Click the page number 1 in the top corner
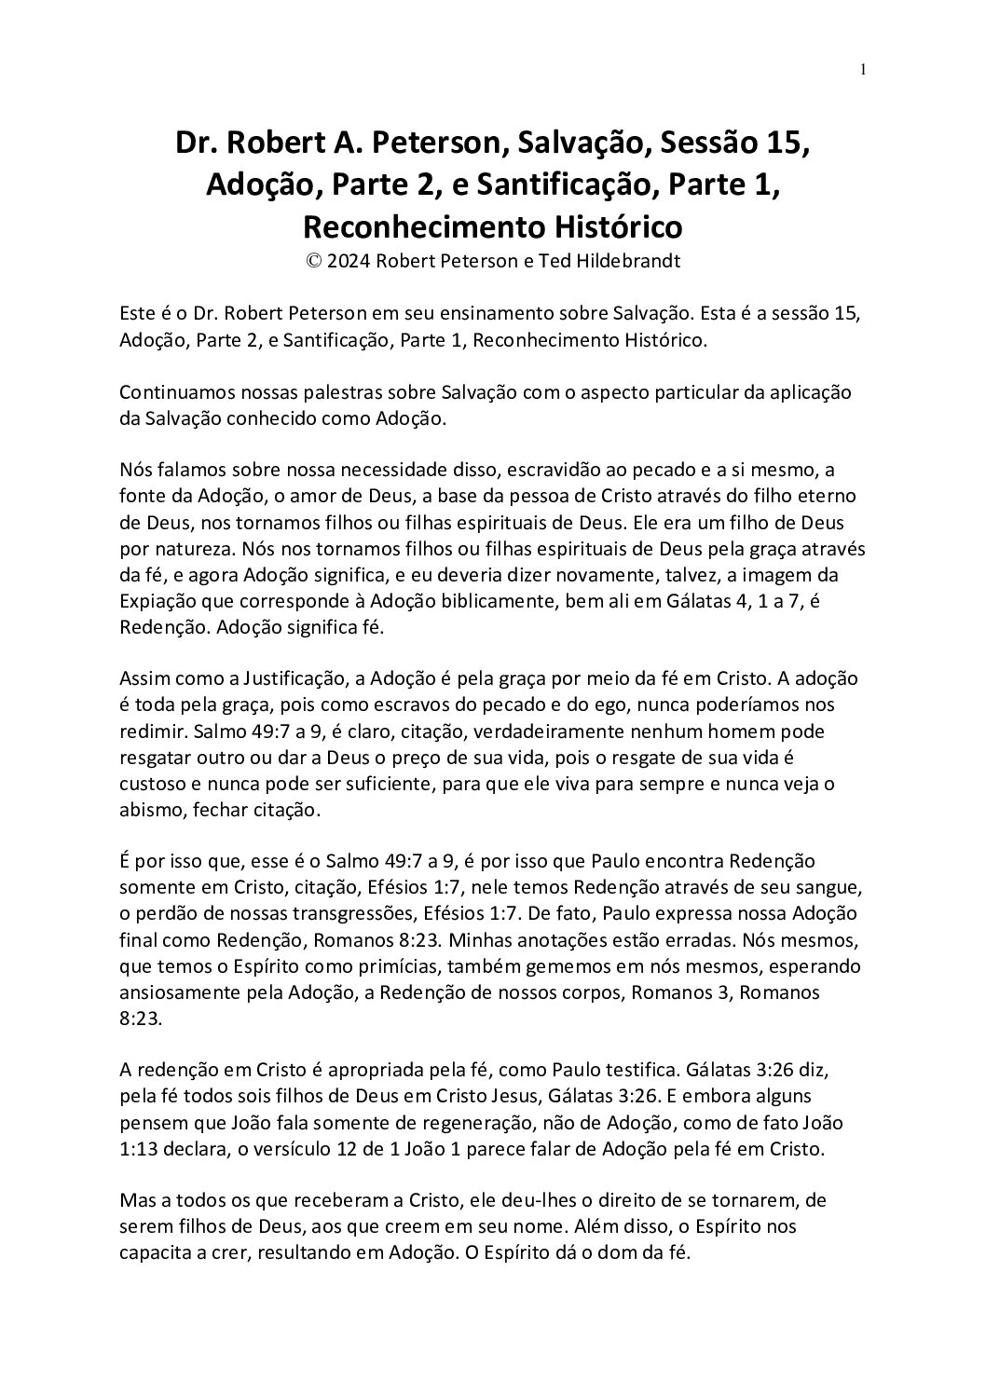863,69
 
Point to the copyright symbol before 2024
312,261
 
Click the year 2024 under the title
349,261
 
